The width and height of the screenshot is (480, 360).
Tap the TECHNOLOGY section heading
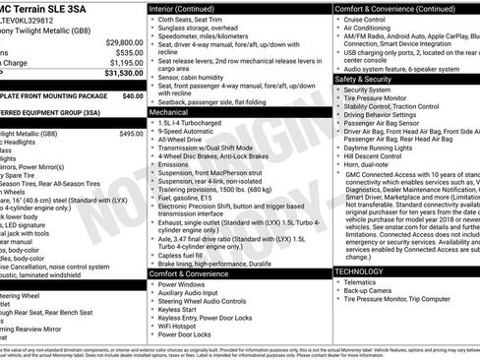pos(358,270)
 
